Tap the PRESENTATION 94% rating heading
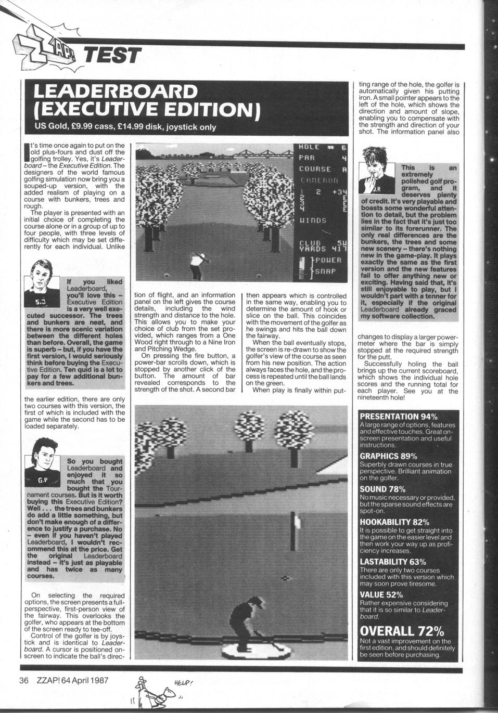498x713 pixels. [x=399, y=417]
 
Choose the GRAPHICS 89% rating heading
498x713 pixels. [x=388, y=456]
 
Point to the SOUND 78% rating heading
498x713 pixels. [x=380, y=489]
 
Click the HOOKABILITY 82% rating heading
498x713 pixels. [x=394, y=522]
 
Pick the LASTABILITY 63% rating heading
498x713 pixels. [x=393, y=562]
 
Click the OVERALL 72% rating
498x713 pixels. [x=402, y=631]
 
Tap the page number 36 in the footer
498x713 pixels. [x=23, y=680]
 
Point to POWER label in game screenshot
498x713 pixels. [x=327, y=260]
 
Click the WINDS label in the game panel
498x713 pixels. [x=313, y=221]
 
